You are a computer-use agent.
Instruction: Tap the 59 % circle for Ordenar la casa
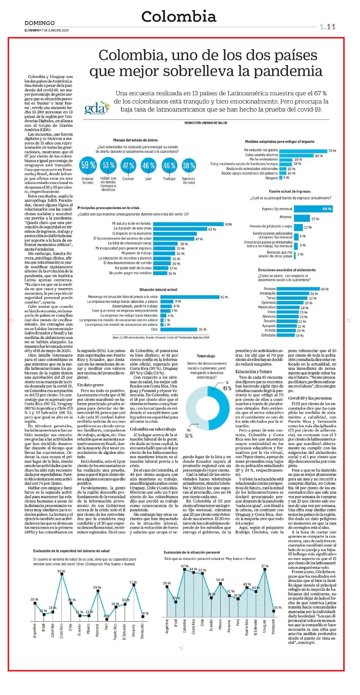(x=88, y=165)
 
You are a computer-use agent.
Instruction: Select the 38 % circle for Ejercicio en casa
(x=189, y=165)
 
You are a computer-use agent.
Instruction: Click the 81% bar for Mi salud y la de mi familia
(x=188, y=224)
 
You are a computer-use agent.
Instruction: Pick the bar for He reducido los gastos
(x=303, y=151)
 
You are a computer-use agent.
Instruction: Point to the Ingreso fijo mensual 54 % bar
(x=313, y=209)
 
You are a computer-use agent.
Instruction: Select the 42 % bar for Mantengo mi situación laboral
(x=190, y=297)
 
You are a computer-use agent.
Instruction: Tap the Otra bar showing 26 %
(x=179, y=329)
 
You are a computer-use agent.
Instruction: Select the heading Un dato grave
(x=90, y=385)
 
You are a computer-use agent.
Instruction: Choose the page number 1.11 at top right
(x=328, y=27)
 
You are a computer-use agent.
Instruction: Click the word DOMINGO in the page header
(x=40, y=23)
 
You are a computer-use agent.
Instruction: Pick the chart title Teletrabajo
(x=206, y=356)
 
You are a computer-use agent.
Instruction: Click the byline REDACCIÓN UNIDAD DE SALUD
(x=206, y=123)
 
